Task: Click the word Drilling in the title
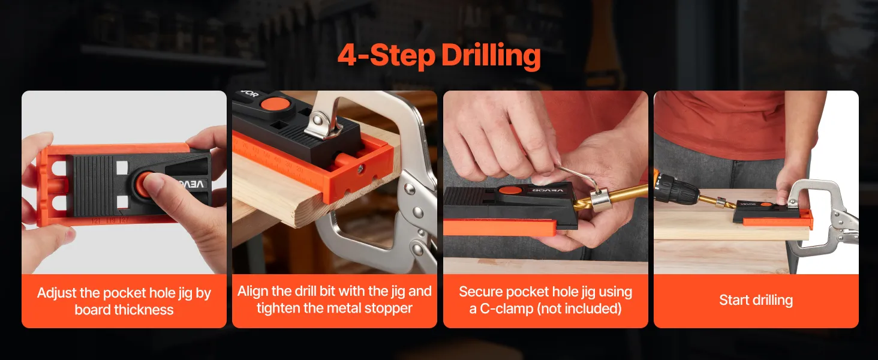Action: pos(492,56)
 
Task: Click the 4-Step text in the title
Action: pos(386,56)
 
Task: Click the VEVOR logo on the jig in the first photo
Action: pos(192,184)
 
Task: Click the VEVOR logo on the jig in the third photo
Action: pos(548,190)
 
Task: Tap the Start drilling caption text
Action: pos(756,300)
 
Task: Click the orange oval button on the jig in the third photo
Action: pos(510,191)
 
